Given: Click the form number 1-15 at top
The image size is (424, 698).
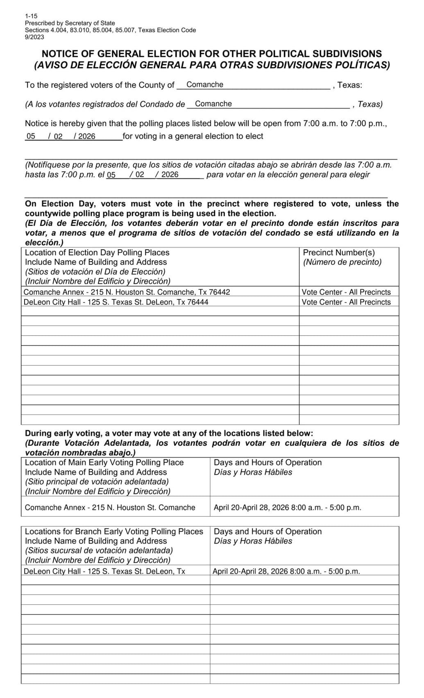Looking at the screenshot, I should (x=31, y=16).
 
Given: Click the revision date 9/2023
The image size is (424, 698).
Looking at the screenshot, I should (x=34, y=37).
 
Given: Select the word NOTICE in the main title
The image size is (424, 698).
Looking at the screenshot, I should (x=62, y=54).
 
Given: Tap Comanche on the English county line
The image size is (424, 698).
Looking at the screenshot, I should (x=205, y=85).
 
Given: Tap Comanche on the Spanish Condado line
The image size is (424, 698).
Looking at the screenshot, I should (x=213, y=104).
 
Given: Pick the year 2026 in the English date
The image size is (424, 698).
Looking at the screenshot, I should (x=86, y=136).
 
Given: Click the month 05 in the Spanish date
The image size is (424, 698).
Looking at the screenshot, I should (x=111, y=175).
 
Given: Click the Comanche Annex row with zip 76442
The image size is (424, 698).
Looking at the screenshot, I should (x=127, y=292).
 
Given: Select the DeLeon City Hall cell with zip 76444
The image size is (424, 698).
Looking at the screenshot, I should (x=116, y=302).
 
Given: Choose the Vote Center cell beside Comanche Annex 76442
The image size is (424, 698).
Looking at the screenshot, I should (x=346, y=292).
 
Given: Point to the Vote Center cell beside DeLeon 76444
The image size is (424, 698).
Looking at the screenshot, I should (x=346, y=302).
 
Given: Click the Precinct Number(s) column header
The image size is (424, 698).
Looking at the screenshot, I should (x=338, y=253).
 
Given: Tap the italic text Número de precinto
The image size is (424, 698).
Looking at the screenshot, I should (x=342, y=262).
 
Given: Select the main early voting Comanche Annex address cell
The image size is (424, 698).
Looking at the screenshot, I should (x=110, y=508).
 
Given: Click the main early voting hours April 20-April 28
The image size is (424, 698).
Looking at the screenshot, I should (x=287, y=508).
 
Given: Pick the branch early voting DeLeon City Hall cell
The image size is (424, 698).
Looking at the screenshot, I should (x=104, y=572).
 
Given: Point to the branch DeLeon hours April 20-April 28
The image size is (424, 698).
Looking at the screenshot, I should (x=286, y=572).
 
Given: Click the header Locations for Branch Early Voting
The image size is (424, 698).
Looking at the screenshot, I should (x=114, y=531).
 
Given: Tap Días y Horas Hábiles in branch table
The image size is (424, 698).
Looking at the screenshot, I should (x=253, y=541).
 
